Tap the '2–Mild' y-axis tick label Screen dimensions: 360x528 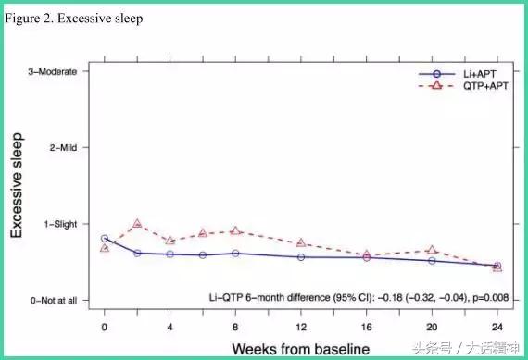click(x=68, y=148)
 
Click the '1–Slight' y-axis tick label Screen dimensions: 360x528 click(x=65, y=224)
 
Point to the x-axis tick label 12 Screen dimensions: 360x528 click(x=301, y=327)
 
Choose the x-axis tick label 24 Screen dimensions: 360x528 click(x=497, y=327)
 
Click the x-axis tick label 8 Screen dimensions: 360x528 click(x=235, y=327)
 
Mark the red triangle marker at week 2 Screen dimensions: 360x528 click(x=137, y=224)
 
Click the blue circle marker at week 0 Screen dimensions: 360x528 click(x=105, y=239)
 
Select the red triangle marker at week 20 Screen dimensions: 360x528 click(x=432, y=250)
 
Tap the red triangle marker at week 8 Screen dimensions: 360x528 click(x=235, y=230)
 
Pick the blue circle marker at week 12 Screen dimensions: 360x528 click(x=301, y=256)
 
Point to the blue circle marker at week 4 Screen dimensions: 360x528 click(x=170, y=254)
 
